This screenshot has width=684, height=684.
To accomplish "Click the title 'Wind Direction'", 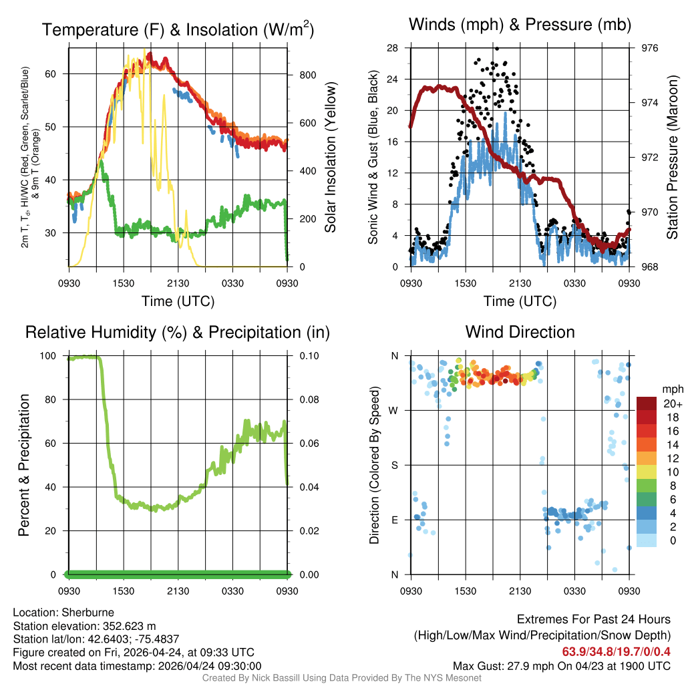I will (x=520, y=332).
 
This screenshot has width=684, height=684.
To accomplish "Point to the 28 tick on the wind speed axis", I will (x=393, y=48).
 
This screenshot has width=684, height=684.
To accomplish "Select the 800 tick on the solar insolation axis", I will (x=307, y=75).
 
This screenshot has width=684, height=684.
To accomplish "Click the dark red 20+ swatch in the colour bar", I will (x=647, y=403).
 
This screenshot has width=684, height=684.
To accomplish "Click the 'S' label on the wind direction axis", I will (x=395, y=465).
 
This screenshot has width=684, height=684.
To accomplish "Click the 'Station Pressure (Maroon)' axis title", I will (x=673, y=157).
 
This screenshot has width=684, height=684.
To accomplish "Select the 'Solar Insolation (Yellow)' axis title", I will (x=330, y=157).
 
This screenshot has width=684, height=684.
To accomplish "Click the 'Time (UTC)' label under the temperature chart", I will (x=178, y=301).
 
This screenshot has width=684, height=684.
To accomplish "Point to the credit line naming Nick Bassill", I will (x=341, y=678).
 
